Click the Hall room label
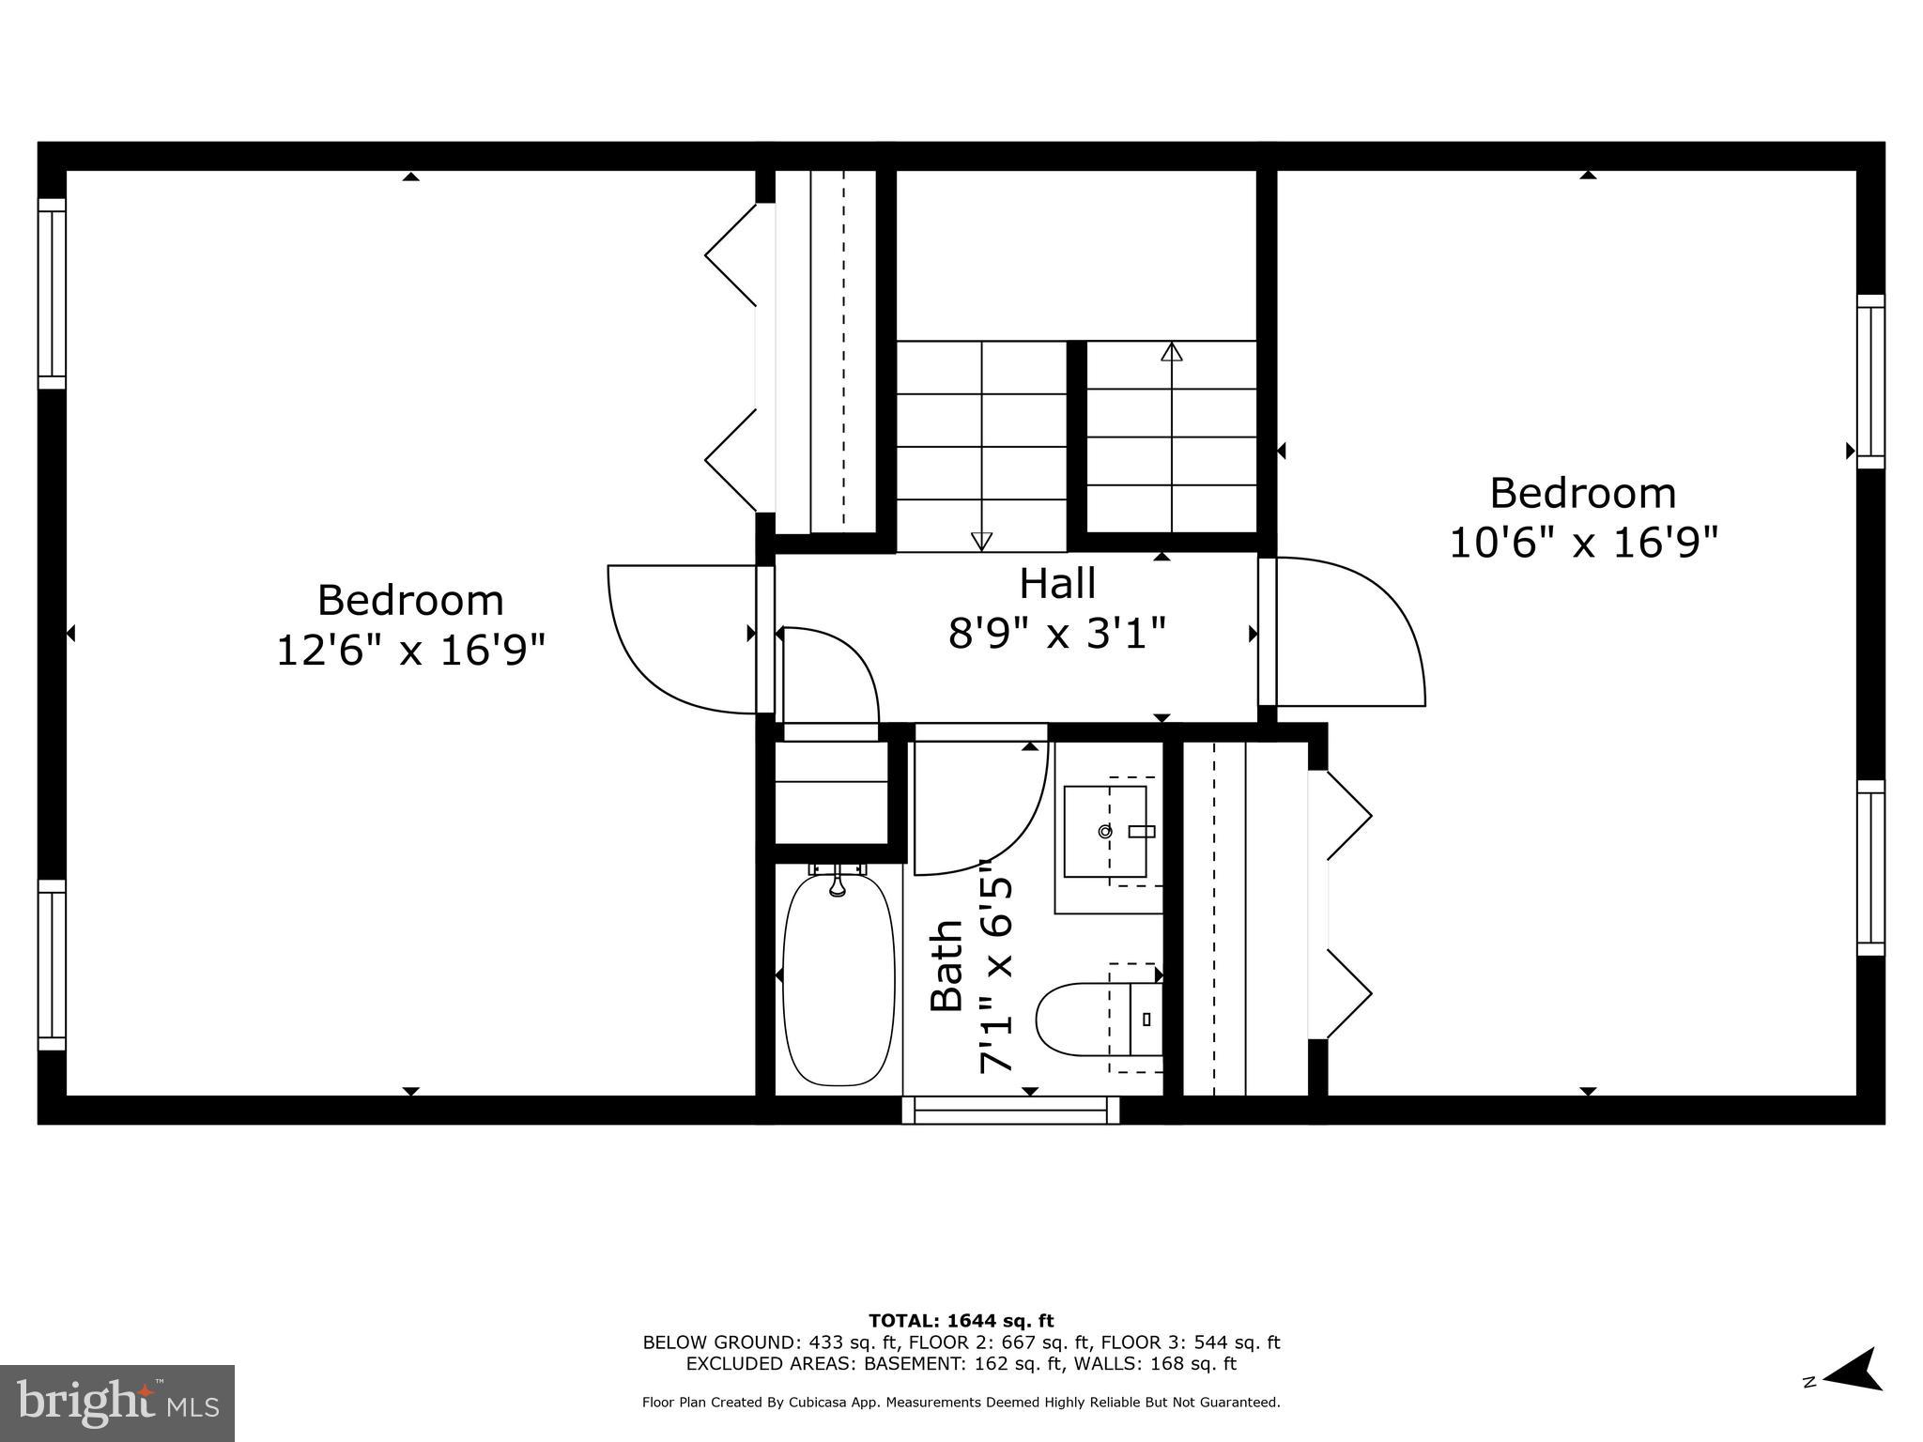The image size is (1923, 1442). (x=1057, y=583)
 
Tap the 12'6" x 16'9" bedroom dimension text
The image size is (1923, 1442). (x=410, y=650)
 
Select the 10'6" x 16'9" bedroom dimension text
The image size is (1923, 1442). (x=1583, y=543)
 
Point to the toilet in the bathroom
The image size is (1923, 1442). (x=1089, y=1018)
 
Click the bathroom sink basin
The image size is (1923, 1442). (x=1105, y=831)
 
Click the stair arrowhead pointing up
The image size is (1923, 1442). (x=1171, y=352)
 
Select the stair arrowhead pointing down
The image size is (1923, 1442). (x=981, y=541)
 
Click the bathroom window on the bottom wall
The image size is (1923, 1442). (x=1010, y=1110)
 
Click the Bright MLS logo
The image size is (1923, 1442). (x=117, y=1403)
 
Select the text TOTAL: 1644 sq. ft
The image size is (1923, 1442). (x=961, y=1321)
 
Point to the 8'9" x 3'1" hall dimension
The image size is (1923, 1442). (x=1057, y=632)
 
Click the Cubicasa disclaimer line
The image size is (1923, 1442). (x=961, y=1403)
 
